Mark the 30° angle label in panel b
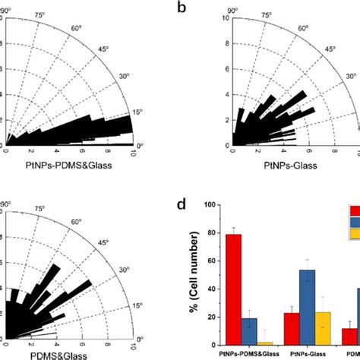point(352,76)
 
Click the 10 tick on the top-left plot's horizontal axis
point(132,152)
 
